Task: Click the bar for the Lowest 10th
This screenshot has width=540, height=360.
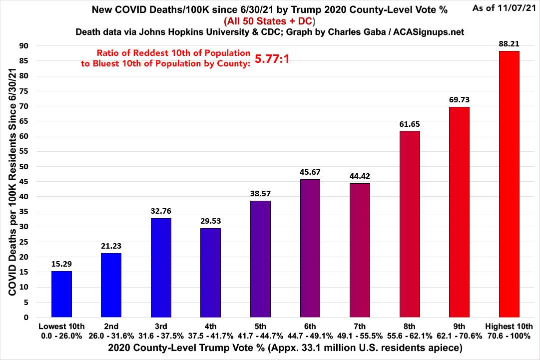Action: point(61,294)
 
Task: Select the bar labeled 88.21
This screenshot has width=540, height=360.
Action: point(509,184)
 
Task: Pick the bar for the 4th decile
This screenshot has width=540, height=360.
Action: point(210,273)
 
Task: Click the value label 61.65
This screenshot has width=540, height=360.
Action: point(410,123)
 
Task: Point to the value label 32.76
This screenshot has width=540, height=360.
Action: point(161,211)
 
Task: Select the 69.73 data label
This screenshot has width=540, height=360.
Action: point(459,99)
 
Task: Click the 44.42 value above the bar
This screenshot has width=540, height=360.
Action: point(360,176)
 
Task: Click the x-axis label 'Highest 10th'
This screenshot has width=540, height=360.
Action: point(509,327)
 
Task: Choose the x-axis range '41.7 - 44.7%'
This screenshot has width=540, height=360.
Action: point(260,336)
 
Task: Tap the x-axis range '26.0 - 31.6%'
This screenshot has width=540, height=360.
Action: point(111,336)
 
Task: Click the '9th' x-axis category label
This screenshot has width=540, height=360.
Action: point(459,327)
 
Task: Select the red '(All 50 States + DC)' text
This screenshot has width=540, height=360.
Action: point(269,21)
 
